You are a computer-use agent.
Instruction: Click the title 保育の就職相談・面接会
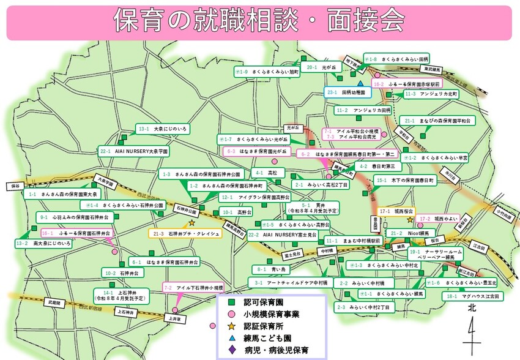(259, 22)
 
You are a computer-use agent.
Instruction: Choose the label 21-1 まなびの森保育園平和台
(437, 121)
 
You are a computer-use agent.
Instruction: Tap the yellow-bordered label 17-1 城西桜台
(391, 211)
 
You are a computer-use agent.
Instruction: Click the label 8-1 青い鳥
(272, 269)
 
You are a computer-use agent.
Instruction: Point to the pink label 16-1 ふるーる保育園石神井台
(77, 234)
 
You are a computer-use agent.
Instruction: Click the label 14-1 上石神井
(120, 296)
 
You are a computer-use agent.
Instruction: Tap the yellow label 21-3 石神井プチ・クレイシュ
(184, 234)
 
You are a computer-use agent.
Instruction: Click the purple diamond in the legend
(231, 351)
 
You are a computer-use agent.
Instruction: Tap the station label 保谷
(16, 186)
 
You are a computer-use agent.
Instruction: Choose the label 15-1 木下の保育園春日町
(405, 181)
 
